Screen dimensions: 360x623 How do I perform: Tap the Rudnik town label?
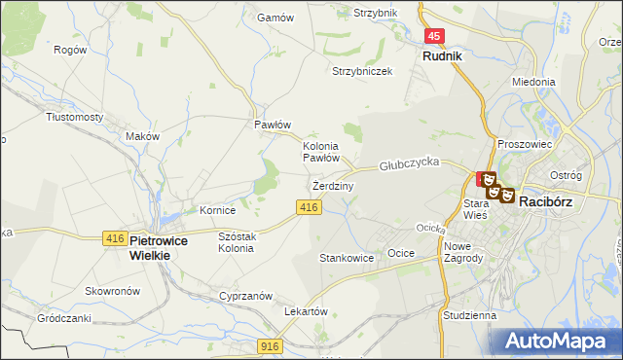pos(442,56)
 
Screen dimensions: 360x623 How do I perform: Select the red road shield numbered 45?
pos(435,36)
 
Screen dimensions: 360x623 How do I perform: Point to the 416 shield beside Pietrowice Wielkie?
pos(114,238)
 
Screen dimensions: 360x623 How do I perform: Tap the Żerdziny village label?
pos(333,185)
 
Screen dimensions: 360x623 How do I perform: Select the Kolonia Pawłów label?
pos(320,151)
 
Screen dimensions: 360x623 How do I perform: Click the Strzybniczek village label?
pos(362,71)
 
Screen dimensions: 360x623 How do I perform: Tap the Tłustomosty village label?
pos(75,116)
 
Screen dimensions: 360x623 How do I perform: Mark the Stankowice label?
pos(347,259)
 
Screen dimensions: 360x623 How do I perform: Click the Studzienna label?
pos(469,316)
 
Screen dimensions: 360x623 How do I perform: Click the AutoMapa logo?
pos(556,342)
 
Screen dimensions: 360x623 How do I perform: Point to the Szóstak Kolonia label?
pos(238,242)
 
